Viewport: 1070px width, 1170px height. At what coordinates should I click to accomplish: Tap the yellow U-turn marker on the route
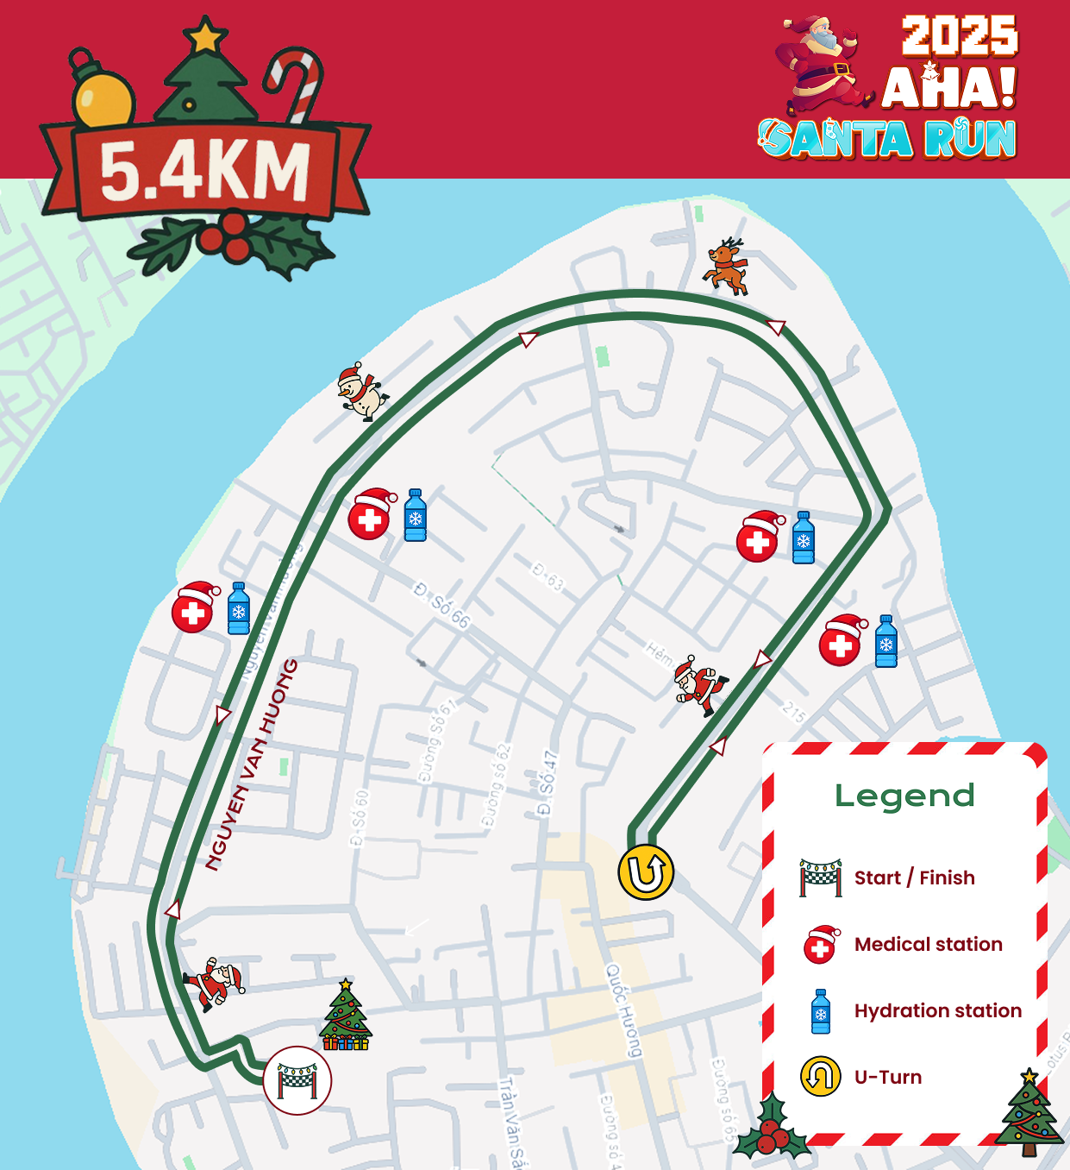point(646,872)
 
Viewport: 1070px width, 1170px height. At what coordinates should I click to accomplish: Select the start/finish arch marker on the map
point(297,1080)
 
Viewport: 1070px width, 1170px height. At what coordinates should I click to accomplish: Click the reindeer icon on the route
point(726,267)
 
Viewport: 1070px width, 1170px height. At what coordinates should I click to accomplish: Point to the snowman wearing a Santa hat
point(360,392)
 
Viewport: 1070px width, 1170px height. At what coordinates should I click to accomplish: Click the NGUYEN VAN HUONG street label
point(252,764)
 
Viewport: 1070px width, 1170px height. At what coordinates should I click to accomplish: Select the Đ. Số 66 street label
point(441,605)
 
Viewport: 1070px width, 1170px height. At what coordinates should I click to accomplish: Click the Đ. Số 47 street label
point(547,783)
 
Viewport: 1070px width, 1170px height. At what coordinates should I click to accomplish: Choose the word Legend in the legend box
point(904,796)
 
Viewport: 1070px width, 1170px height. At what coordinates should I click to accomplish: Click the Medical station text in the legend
point(928,944)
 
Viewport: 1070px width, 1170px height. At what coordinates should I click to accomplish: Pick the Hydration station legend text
point(937,1010)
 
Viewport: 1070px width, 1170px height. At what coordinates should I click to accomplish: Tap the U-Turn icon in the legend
point(820,1077)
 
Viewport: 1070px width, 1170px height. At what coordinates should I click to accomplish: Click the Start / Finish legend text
point(914,877)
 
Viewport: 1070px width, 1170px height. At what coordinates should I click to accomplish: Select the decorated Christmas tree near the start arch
point(346,1016)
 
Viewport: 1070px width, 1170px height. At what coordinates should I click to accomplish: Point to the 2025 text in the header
point(960,36)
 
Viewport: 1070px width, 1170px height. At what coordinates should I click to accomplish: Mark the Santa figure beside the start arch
point(214,983)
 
